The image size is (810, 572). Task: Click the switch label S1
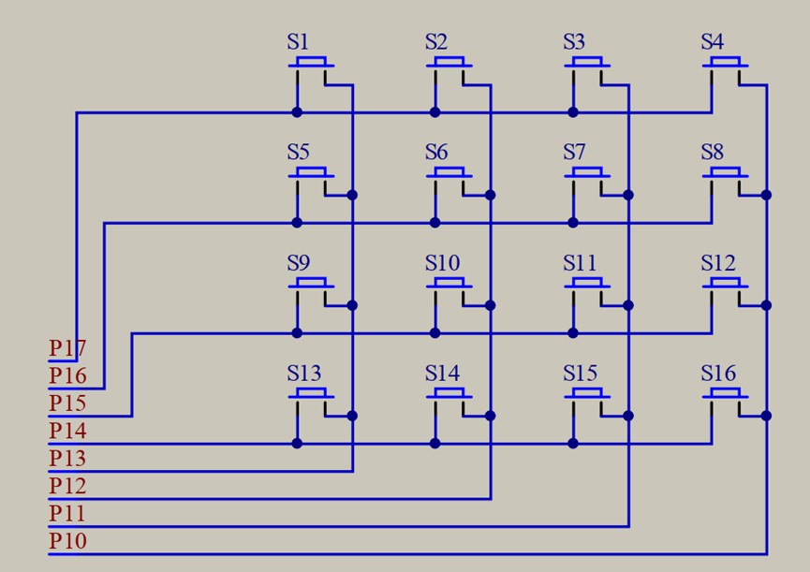(x=298, y=42)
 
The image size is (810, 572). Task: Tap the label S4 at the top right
(x=713, y=42)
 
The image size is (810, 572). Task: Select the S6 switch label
(x=436, y=153)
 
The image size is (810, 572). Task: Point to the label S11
(x=580, y=263)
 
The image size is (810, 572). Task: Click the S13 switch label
(x=303, y=374)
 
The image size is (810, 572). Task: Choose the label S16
(x=718, y=374)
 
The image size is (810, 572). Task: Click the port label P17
(x=67, y=349)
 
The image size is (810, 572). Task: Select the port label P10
(x=67, y=541)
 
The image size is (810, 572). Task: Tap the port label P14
(x=67, y=432)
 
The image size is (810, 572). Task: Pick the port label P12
(x=67, y=486)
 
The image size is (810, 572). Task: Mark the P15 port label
(x=67, y=403)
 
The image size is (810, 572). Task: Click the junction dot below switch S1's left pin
(x=297, y=112)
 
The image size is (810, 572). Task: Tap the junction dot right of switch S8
(x=766, y=195)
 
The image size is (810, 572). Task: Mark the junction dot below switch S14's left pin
(x=434, y=443)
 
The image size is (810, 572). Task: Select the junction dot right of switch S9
(x=352, y=305)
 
